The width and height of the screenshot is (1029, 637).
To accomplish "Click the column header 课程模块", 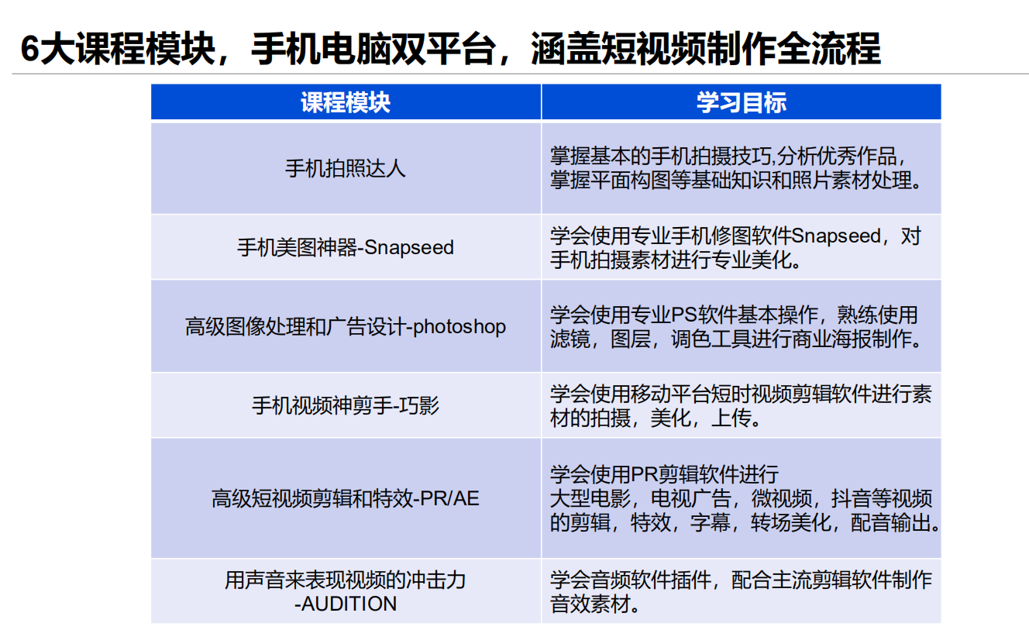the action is pos(346,102).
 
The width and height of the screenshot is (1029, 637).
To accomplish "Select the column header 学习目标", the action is pos(742,102).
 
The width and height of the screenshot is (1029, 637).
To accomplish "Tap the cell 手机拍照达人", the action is pos(346,169).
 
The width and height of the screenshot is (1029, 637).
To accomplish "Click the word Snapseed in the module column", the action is pos(409,247).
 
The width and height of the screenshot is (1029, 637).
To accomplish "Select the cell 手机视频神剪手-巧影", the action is pos(346,406).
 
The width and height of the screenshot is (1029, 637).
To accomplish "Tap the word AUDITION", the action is pos(349,604).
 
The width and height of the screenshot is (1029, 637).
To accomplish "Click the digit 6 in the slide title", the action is pos(30,49).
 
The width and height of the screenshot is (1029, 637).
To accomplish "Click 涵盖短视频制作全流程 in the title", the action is pos(706,49).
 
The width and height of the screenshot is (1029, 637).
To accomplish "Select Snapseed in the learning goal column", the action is pos(836,236).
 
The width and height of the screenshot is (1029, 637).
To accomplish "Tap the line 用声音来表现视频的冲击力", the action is pos(346,580).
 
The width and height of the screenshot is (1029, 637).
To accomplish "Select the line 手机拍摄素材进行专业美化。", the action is pos(676,260).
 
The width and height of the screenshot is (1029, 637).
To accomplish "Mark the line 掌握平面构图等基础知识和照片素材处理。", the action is pos(736,180).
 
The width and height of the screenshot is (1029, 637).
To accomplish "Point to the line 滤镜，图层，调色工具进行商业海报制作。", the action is pos(736,339).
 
